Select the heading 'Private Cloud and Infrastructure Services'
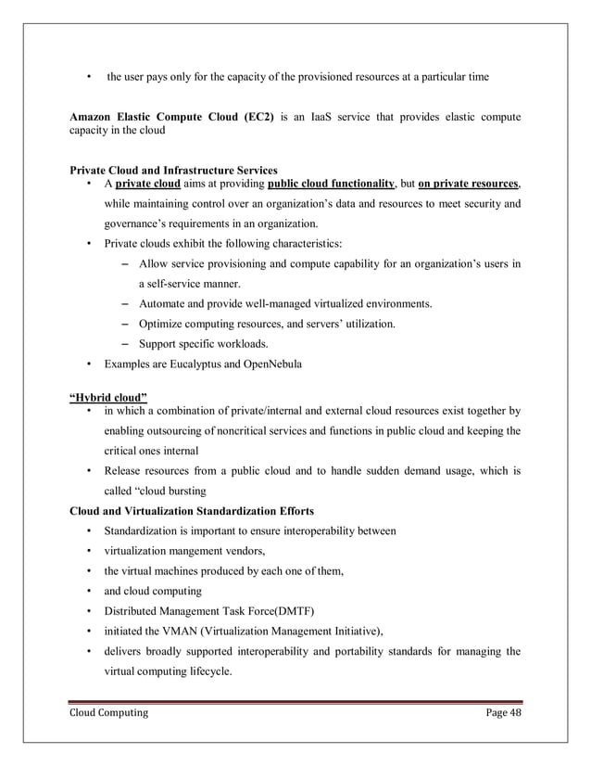point(173,171)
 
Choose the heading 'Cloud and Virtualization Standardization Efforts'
point(191,511)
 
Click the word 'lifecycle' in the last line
point(205,671)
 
